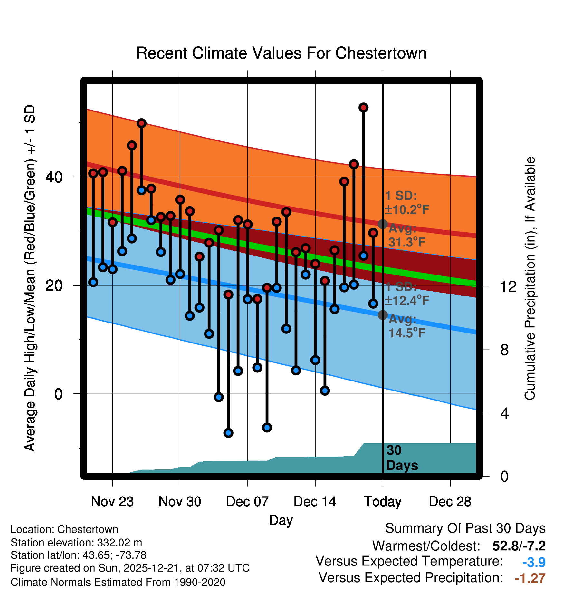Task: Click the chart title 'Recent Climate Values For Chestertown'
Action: click(x=281, y=53)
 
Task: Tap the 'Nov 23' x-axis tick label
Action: click(x=112, y=502)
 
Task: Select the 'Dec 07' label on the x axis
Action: click(x=247, y=502)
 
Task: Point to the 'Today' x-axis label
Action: click(x=383, y=502)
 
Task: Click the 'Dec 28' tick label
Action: click(x=450, y=502)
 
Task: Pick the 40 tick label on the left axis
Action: click(x=54, y=177)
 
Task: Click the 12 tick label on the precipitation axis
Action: click(x=508, y=286)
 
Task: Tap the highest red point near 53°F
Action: click(x=363, y=108)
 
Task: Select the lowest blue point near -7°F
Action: click(x=228, y=433)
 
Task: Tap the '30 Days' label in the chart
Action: click(x=401, y=458)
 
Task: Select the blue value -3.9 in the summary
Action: click(x=534, y=562)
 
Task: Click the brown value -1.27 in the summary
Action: click(x=530, y=578)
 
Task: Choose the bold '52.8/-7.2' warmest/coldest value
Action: click(x=519, y=546)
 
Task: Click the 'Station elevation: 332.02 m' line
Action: click(x=76, y=543)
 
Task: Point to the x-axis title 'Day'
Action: click(x=281, y=520)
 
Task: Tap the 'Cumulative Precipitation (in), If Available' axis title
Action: click(x=530, y=279)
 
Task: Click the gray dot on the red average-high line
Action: click(x=383, y=224)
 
